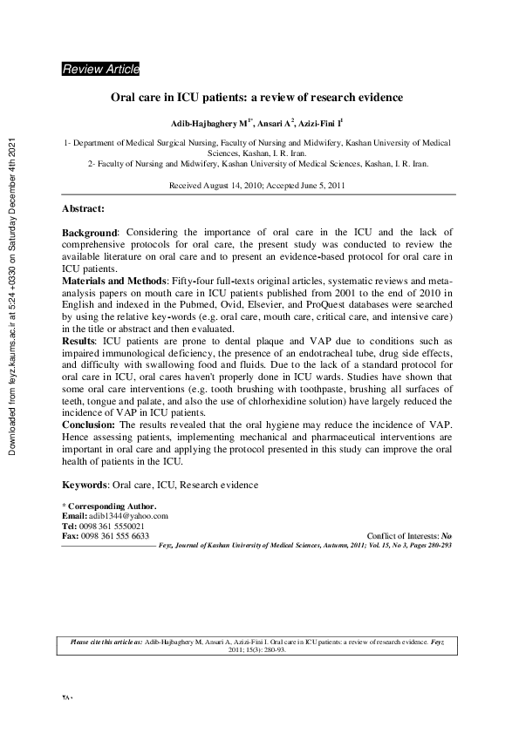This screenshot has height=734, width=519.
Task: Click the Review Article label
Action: point(100,70)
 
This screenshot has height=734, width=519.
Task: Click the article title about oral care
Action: point(257,99)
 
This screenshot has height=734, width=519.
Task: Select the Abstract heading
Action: point(84,209)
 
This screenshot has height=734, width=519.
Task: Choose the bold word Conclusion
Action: point(88,424)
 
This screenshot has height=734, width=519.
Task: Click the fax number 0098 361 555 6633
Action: point(116,535)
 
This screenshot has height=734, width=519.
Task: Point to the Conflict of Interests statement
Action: point(410,535)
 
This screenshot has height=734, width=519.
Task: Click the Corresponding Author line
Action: point(109,506)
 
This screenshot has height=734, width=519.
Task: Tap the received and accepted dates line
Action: point(257,186)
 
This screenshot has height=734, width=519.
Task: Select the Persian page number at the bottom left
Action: point(68,697)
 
